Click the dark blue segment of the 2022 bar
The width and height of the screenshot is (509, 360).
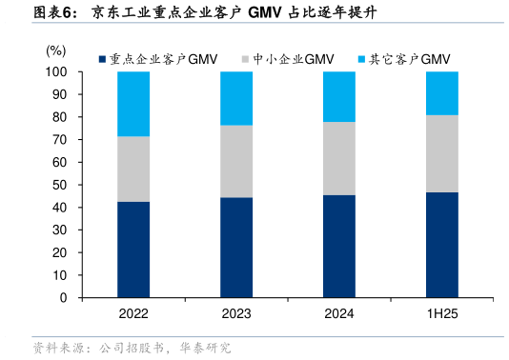pyautogui.click(x=133, y=250)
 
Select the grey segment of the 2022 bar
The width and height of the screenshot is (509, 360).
pyautogui.click(x=133, y=169)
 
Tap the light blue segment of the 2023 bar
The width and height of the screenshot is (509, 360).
pyautogui.click(x=236, y=98)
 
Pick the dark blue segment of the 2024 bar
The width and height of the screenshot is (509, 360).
pyautogui.click(x=339, y=246)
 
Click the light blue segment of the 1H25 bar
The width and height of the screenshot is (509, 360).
pyautogui.click(x=441, y=92)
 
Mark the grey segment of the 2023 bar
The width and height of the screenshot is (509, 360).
pyautogui.click(x=236, y=161)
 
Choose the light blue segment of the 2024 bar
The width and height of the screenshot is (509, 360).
pyautogui.click(x=339, y=96)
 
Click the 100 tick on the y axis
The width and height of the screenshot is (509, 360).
pyautogui.click(x=57, y=72)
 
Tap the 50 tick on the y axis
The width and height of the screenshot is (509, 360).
pyautogui.click(x=60, y=185)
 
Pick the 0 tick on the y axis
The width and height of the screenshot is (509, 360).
pyautogui.click(x=63, y=298)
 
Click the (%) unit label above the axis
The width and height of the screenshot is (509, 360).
pyautogui.click(x=56, y=49)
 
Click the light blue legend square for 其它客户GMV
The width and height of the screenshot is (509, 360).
pyautogui.click(x=360, y=59)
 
